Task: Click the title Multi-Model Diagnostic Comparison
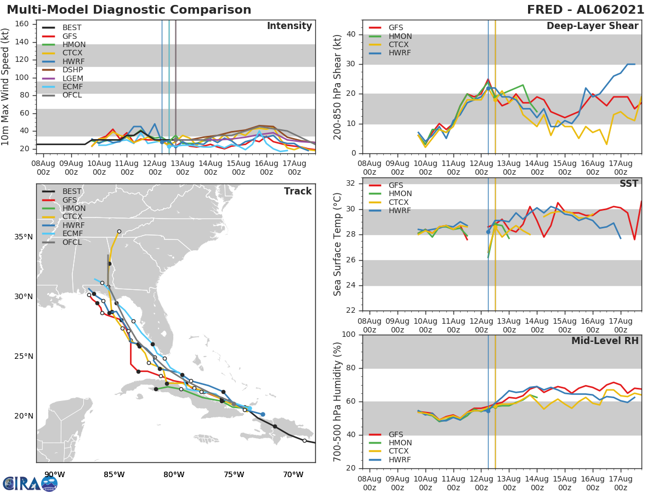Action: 129,10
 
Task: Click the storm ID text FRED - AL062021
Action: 585,10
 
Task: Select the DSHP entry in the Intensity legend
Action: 72,70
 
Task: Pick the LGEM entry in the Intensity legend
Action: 72,79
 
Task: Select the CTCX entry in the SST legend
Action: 400,202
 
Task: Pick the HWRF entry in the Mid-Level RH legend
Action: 400,460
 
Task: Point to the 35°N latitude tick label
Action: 24,237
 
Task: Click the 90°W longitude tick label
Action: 54,474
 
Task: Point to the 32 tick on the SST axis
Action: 350,184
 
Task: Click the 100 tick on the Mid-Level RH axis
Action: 348,335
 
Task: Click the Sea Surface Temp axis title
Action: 338,244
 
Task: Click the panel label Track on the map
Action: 297,191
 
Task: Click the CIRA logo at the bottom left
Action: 30,483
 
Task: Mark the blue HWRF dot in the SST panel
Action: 488,232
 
